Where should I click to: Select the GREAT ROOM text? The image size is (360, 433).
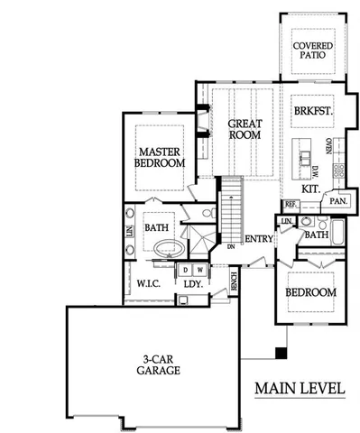(244, 128)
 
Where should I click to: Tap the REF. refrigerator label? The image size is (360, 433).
(291, 205)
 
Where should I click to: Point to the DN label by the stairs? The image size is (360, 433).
(231, 244)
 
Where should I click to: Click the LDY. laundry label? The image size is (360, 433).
(191, 283)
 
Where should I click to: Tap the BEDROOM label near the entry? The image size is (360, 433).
(310, 292)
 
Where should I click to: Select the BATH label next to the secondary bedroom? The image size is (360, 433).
(316, 235)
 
